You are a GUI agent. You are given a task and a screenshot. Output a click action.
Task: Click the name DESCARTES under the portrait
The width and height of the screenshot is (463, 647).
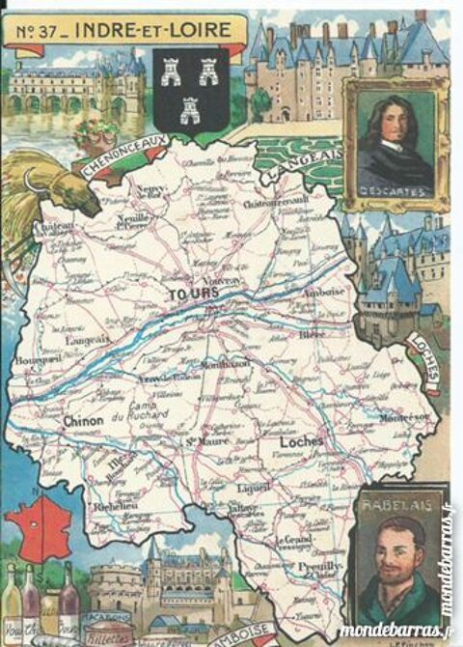(x=393, y=190)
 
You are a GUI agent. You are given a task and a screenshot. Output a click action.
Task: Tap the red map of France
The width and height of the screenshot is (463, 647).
(x=35, y=524)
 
